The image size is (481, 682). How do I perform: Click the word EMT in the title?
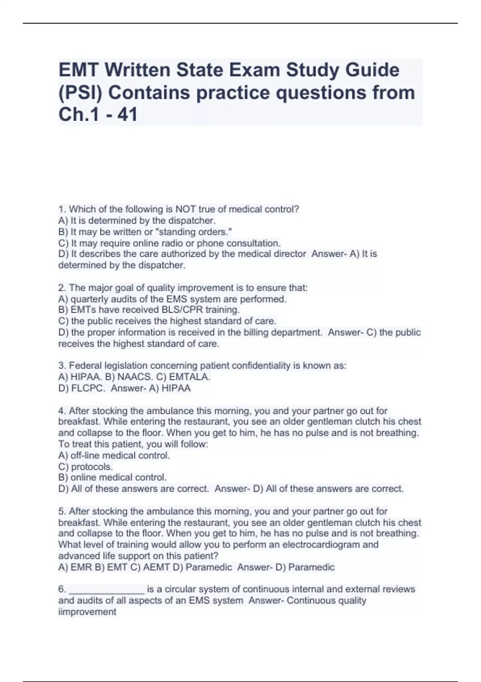pyautogui.click(x=79, y=70)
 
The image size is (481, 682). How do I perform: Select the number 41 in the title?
pyautogui.click(x=128, y=115)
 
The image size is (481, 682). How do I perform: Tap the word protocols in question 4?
pyautogui.click(x=91, y=467)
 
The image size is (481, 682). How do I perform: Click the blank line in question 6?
pyautogui.click(x=107, y=590)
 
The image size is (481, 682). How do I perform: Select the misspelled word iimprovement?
pyautogui.click(x=87, y=612)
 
